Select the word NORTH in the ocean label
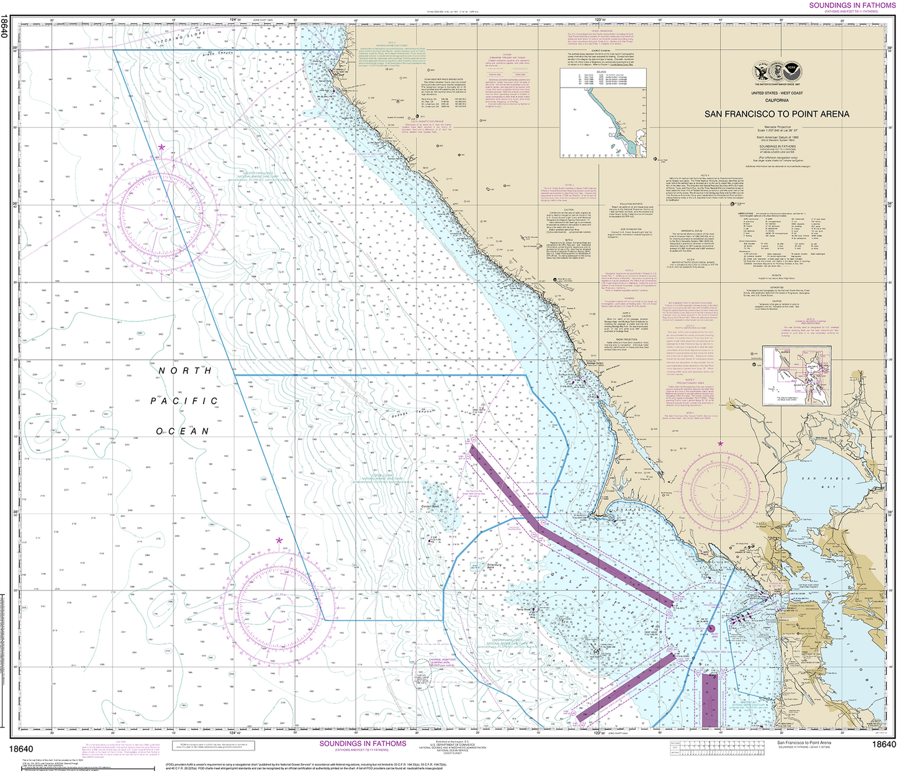[185, 371]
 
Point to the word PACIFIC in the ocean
[184, 401]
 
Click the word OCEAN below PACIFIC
[183, 431]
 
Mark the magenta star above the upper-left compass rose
[161, 147]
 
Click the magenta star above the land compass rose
[720, 444]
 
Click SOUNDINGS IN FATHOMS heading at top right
[852, 5]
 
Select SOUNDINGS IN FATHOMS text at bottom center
[363, 744]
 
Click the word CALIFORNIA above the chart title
[777, 100]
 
